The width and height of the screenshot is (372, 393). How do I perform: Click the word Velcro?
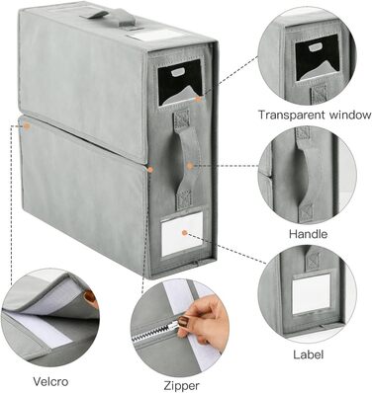tap(50, 381)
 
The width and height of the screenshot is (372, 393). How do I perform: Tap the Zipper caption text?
tap(181, 385)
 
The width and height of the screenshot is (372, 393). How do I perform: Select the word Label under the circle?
tap(309, 354)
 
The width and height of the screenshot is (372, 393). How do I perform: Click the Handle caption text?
tap(309, 234)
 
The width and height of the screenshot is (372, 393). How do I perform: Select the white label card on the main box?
tap(182, 233)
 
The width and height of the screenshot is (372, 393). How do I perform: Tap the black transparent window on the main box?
tap(180, 82)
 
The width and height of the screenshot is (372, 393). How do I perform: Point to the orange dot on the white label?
tap(184, 233)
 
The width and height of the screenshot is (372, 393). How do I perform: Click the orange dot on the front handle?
tap(189, 166)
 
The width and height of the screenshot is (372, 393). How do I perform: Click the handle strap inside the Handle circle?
tap(309, 175)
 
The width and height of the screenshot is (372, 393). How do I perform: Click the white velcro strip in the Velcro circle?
tap(40, 330)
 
